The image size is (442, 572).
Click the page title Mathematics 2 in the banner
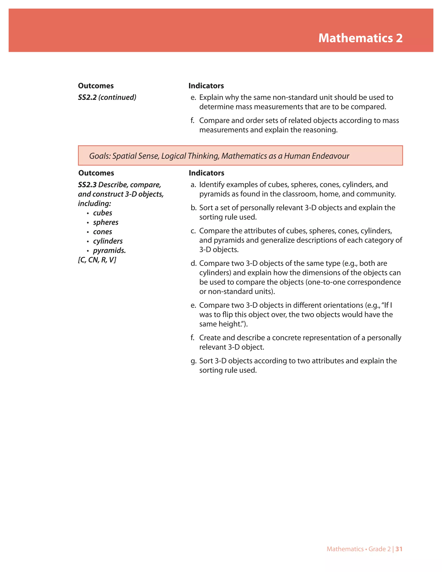pyautogui.click(x=360, y=38)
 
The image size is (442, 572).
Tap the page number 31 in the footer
pyautogui.click(x=399, y=549)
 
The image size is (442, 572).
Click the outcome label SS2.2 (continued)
pyautogui.click(x=107, y=97)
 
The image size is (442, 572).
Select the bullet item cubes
pyautogui.click(x=102, y=213)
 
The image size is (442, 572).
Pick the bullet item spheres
pyautogui.click(x=106, y=222)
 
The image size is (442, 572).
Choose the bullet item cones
pyautogui.click(x=102, y=232)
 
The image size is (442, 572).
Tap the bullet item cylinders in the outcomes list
pyautogui.click(x=108, y=241)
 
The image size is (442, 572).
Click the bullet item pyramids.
pyautogui.click(x=109, y=251)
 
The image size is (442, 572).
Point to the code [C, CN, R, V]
pyautogui.click(x=97, y=260)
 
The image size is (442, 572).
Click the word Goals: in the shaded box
pyautogui.click(x=100, y=156)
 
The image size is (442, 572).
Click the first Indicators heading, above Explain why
pyautogui.click(x=206, y=86)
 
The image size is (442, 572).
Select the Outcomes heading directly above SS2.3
pyautogui.click(x=96, y=173)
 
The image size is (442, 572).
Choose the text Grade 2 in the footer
pyautogui.click(x=379, y=549)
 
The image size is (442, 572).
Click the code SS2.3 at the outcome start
pyautogui.click(x=87, y=185)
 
